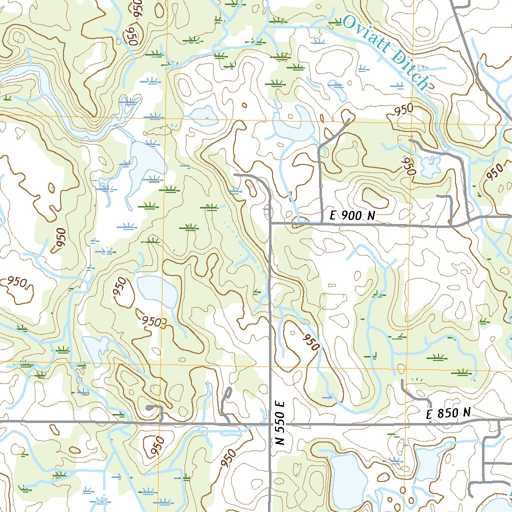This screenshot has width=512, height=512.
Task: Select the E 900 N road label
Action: [352, 216]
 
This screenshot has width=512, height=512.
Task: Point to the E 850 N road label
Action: [448, 413]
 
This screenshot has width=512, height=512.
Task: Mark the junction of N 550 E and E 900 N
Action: [270, 223]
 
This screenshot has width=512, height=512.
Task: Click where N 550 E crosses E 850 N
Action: [270, 423]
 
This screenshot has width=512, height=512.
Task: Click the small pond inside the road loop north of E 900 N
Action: [429, 165]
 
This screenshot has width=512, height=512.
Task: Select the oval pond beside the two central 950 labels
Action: [157, 291]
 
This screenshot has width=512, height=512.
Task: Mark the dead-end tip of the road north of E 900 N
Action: [348, 119]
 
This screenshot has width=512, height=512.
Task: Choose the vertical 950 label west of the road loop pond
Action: [409, 164]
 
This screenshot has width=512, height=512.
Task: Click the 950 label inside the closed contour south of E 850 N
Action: [157, 443]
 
